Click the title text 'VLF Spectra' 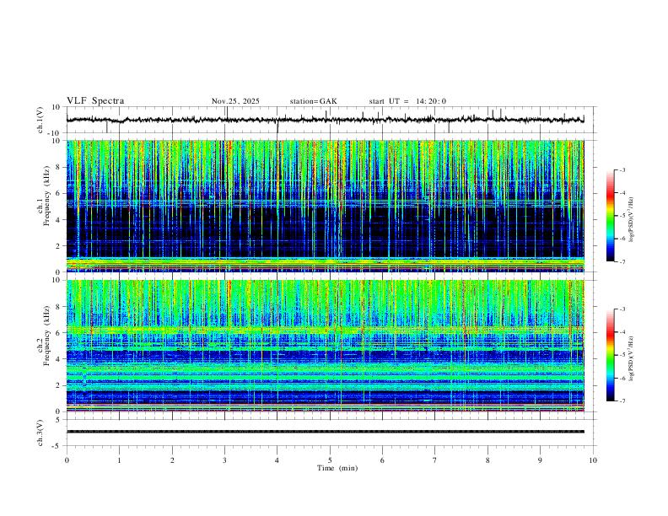[95, 101]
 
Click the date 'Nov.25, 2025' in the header [235, 101]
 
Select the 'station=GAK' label [313, 101]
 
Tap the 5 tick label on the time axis [330, 460]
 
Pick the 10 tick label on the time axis [593, 460]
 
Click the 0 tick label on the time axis [67, 460]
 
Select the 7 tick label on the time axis [435, 460]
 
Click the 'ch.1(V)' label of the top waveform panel [40, 120]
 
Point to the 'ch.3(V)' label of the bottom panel [40, 432]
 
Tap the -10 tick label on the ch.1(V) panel [53, 133]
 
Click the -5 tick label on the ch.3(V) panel [55, 444]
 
